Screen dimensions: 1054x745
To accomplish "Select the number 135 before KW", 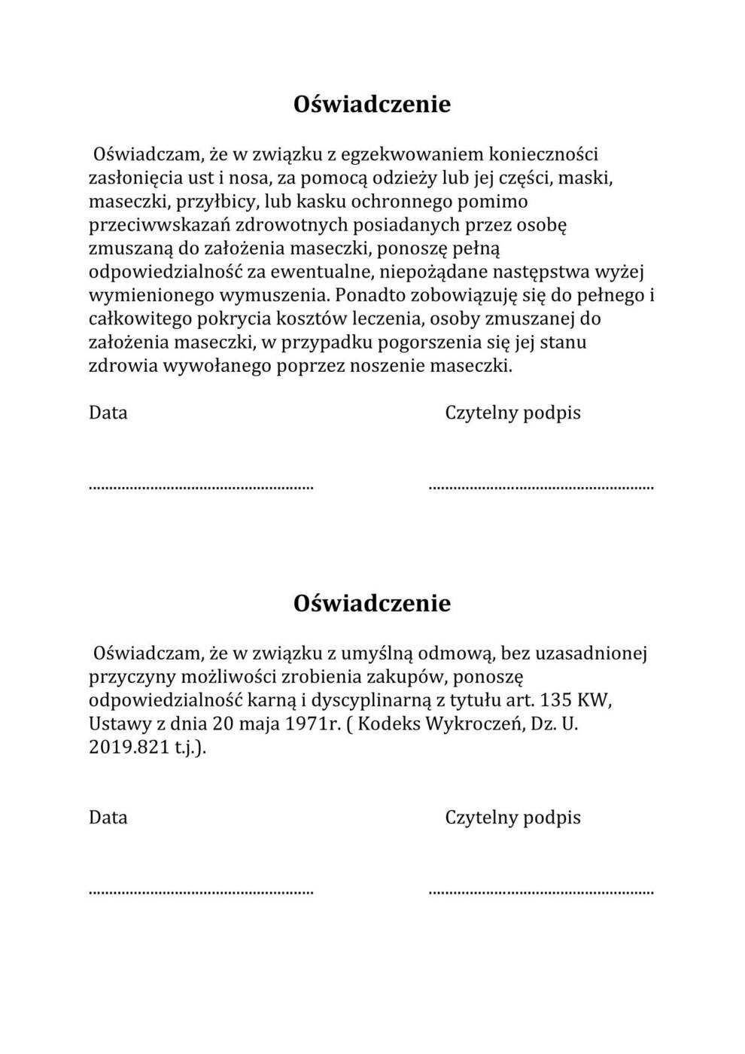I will pyautogui.click(x=555, y=700).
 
